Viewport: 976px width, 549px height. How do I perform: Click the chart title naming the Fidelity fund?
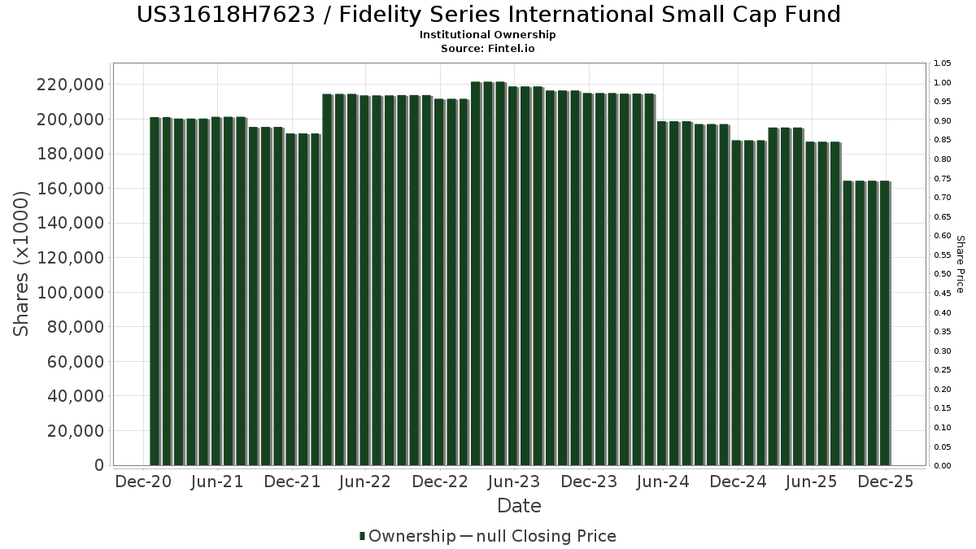tap(488, 15)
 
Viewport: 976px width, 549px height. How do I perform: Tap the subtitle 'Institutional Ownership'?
tap(488, 35)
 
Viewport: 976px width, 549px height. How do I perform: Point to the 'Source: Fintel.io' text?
tap(488, 49)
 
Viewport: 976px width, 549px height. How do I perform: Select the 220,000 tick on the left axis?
tap(70, 85)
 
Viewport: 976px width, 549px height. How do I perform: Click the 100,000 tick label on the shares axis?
tap(70, 292)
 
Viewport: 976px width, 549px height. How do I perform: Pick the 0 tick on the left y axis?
tap(98, 465)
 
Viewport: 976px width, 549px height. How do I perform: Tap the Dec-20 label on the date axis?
tap(143, 481)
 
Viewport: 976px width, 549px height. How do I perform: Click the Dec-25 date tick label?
tap(886, 481)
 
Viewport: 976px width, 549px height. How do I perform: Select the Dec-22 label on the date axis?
tap(439, 481)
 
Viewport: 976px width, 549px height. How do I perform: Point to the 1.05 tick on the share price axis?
tap(943, 63)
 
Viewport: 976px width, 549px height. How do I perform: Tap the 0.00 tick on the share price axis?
tap(943, 465)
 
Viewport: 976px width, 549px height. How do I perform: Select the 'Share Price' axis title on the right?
tap(960, 264)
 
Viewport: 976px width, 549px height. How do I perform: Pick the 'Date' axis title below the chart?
tap(519, 506)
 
